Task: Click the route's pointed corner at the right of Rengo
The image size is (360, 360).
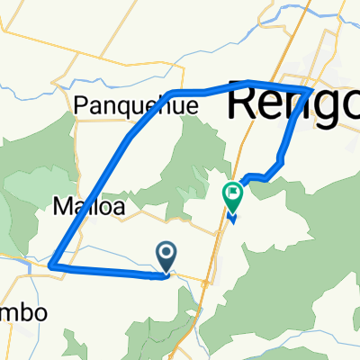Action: pyautogui.click(x=312, y=90)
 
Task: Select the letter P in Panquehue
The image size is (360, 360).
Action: pyautogui.click(x=84, y=106)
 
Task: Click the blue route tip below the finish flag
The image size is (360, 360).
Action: pyautogui.click(x=232, y=219)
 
